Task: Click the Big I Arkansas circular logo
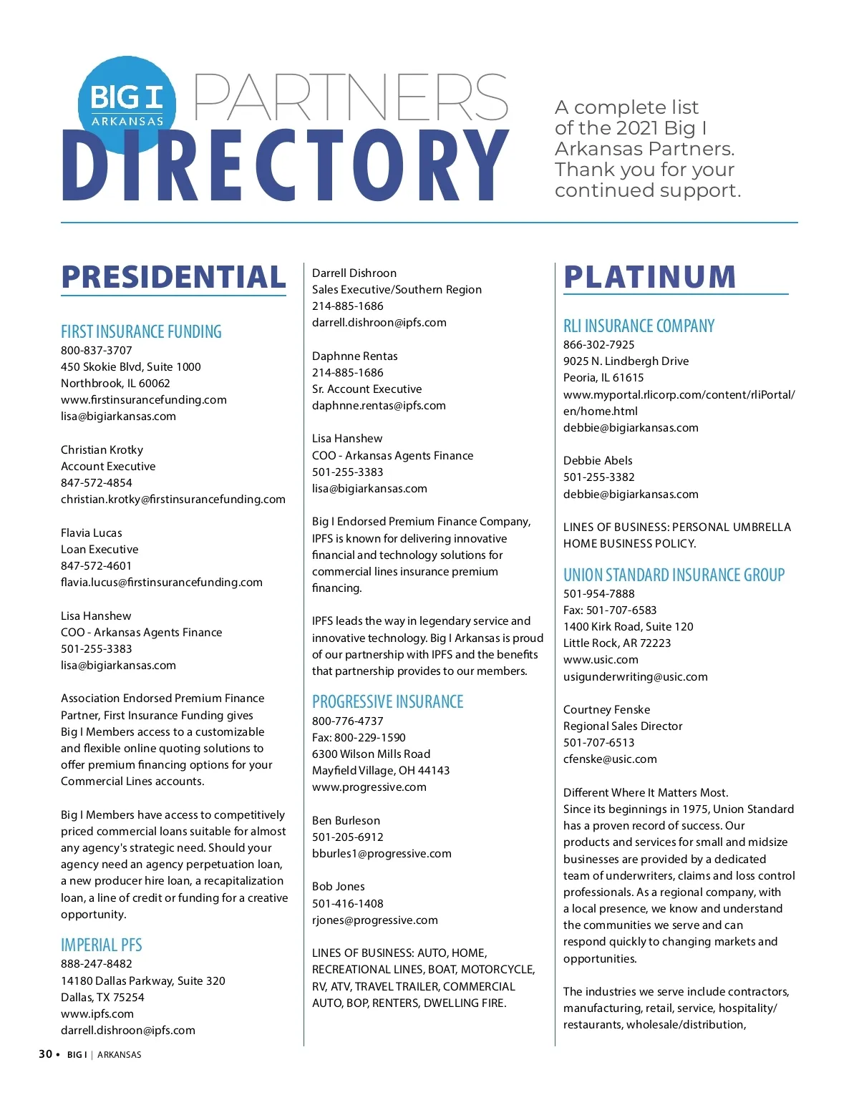click(127, 105)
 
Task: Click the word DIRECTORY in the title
click(285, 166)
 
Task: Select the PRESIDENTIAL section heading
click(173, 277)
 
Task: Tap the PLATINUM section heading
click(649, 277)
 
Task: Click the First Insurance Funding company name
click(141, 331)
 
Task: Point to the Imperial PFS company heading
click(101, 945)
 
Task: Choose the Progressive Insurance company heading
click(387, 701)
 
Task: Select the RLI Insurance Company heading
click(639, 326)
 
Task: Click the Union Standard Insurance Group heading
click(674, 575)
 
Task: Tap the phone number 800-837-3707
click(97, 350)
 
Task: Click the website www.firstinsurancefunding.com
click(144, 399)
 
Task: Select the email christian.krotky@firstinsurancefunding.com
click(173, 499)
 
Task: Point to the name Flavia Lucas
click(92, 532)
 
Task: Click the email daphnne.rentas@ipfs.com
click(379, 405)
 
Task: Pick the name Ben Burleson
click(346, 820)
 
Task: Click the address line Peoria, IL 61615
click(603, 377)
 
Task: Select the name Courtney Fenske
click(606, 709)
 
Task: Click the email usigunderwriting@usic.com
click(635, 676)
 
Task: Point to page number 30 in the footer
click(45, 1053)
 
